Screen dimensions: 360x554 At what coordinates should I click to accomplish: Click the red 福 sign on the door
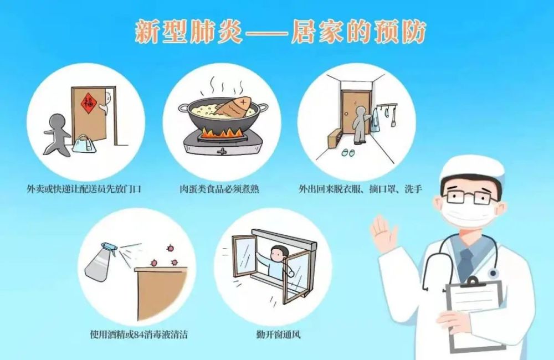coord(87,102)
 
